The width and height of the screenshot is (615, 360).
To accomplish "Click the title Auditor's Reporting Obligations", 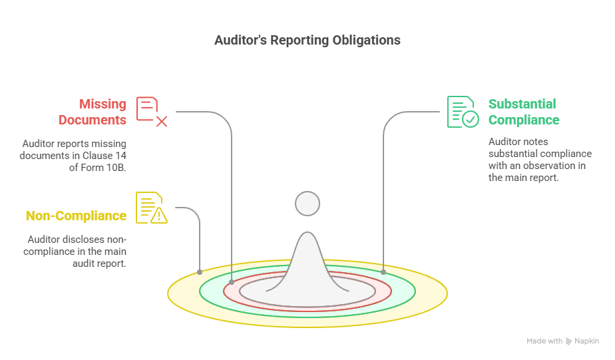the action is click(307, 40).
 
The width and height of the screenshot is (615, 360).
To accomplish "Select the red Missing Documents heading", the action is click(93, 112).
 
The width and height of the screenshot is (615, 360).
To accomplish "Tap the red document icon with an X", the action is click(152, 112).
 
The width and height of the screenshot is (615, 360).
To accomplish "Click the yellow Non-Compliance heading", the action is click(76, 216).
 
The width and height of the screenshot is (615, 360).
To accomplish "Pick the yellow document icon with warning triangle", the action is click(152, 208).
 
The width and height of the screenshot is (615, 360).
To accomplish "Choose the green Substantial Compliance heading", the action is click(524, 112).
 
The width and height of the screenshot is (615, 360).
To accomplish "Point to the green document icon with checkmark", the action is click(463, 112).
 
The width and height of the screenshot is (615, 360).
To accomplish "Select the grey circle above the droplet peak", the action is click(307, 204).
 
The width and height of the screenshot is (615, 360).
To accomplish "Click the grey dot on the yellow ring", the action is click(200, 271).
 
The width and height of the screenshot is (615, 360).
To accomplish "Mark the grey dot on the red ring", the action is click(232, 282).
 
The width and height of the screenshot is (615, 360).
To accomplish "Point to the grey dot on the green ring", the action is click(383, 271).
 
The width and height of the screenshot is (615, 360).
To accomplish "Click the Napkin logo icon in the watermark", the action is click(568, 341).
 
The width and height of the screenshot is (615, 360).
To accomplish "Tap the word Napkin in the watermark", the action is click(587, 341).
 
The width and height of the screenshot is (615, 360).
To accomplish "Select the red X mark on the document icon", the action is click(162, 122).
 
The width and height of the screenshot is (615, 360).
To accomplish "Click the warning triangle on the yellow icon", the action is click(159, 216).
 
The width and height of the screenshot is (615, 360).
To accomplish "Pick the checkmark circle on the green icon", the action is click(471, 119).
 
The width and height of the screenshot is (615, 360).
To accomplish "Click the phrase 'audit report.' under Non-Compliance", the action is click(99, 264).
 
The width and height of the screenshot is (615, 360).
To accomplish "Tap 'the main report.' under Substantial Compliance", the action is click(524, 178).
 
